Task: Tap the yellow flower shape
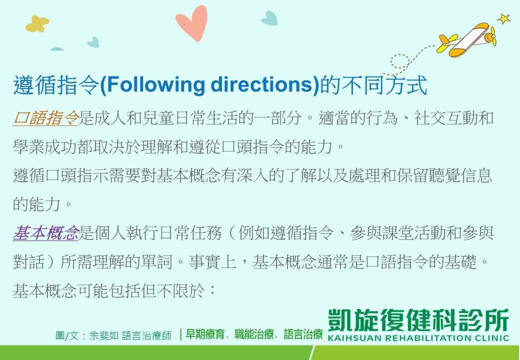pos(37,24)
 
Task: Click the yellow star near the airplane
pos(504,18)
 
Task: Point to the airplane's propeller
pos(493,36)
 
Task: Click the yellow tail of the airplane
pos(445,42)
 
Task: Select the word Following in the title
pos(156,85)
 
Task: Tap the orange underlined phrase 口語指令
pos(46,118)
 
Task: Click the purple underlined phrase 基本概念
pos(46,233)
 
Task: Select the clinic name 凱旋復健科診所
pos(418,320)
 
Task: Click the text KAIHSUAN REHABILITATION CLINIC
pos(418,338)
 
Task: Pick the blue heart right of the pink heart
pos(269,18)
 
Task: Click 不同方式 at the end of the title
pos(384,85)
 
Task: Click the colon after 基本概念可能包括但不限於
pos(212,290)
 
